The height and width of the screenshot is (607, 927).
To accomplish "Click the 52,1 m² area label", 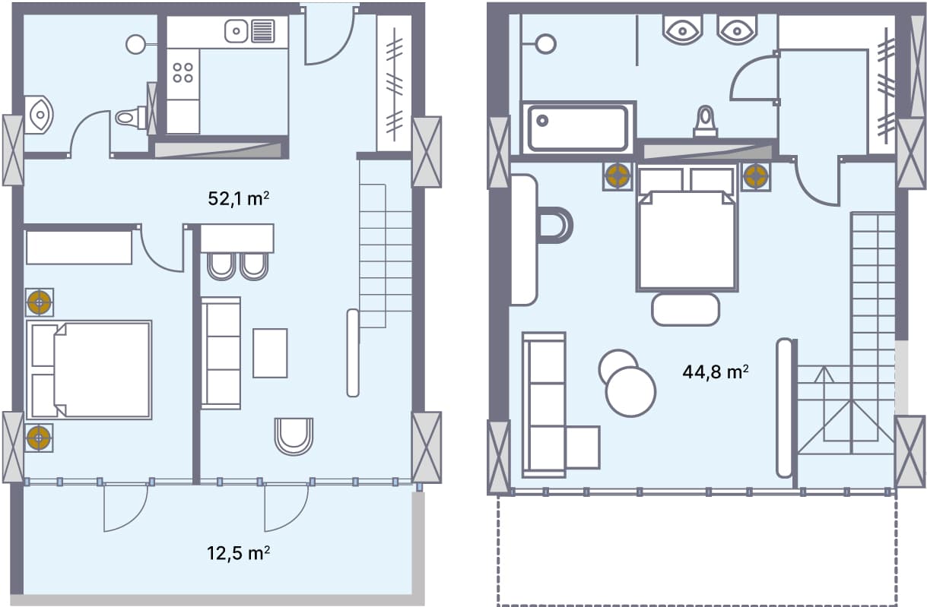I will coord(239,199).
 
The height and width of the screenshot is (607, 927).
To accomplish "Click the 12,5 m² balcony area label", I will coord(239,552).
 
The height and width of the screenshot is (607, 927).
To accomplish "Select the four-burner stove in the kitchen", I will coord(183,73).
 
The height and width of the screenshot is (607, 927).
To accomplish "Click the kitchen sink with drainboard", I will coord(249,31).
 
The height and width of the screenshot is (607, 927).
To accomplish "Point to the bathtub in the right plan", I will coord(577,127).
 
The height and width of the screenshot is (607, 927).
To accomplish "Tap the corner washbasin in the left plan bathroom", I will coord(38,115).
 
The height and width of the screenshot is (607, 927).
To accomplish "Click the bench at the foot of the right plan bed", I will coord(685,309).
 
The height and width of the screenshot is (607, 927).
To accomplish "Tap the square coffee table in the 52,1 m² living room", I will coord(270,353).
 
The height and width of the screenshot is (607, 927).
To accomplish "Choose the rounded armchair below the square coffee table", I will coord(294,435).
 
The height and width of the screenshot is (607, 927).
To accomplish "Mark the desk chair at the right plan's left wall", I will coord(554,225).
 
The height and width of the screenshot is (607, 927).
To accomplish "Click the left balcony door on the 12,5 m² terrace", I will coord(125,507).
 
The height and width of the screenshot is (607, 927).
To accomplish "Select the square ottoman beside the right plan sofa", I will coord(583,447).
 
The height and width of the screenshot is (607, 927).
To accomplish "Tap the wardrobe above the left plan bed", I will coord(79,247).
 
